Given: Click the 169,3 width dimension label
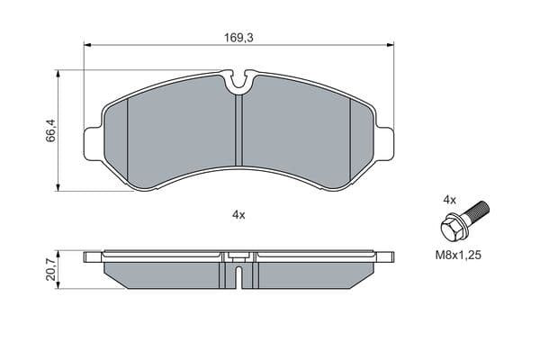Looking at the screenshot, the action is [238, 38].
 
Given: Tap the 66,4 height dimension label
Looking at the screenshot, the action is [50, 130].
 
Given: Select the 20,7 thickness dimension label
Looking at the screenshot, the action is [50, 270].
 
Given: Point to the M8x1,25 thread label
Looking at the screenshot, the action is [458, 256].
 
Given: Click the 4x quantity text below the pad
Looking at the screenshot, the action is [238, 215].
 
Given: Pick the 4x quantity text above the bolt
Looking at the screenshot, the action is [449, 200].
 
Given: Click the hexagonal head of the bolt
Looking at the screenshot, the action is [453, 229].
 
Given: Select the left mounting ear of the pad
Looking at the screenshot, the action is [93, 143].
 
